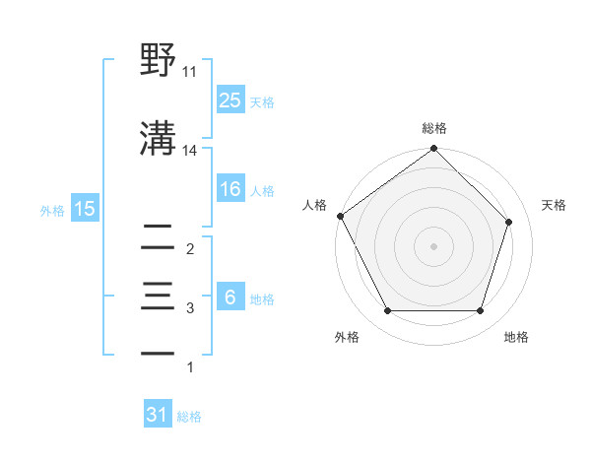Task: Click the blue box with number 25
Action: (x=230, y=99)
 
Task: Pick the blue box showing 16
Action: (x=230, y=190)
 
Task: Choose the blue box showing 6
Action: (x=230, y=298)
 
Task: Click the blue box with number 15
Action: (x=85, y=209)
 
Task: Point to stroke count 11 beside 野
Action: (x=190, y=72)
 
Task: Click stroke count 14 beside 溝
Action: (x=190, y=151)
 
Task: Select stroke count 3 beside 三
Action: (x=190, y=308)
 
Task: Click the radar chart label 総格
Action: (x=434, y=128)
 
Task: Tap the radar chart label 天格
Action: (x=555, y=205)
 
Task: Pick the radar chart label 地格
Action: (x=516, y=337)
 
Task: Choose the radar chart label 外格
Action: (x=347, y=337)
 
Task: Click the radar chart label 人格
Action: (x=315, y=205)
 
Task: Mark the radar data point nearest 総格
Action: (x=433, y=150)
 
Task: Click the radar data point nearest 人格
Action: (x=340, y=216)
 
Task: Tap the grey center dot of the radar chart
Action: (x=433, y=245)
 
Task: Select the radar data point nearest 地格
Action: (x=480, y=311)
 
